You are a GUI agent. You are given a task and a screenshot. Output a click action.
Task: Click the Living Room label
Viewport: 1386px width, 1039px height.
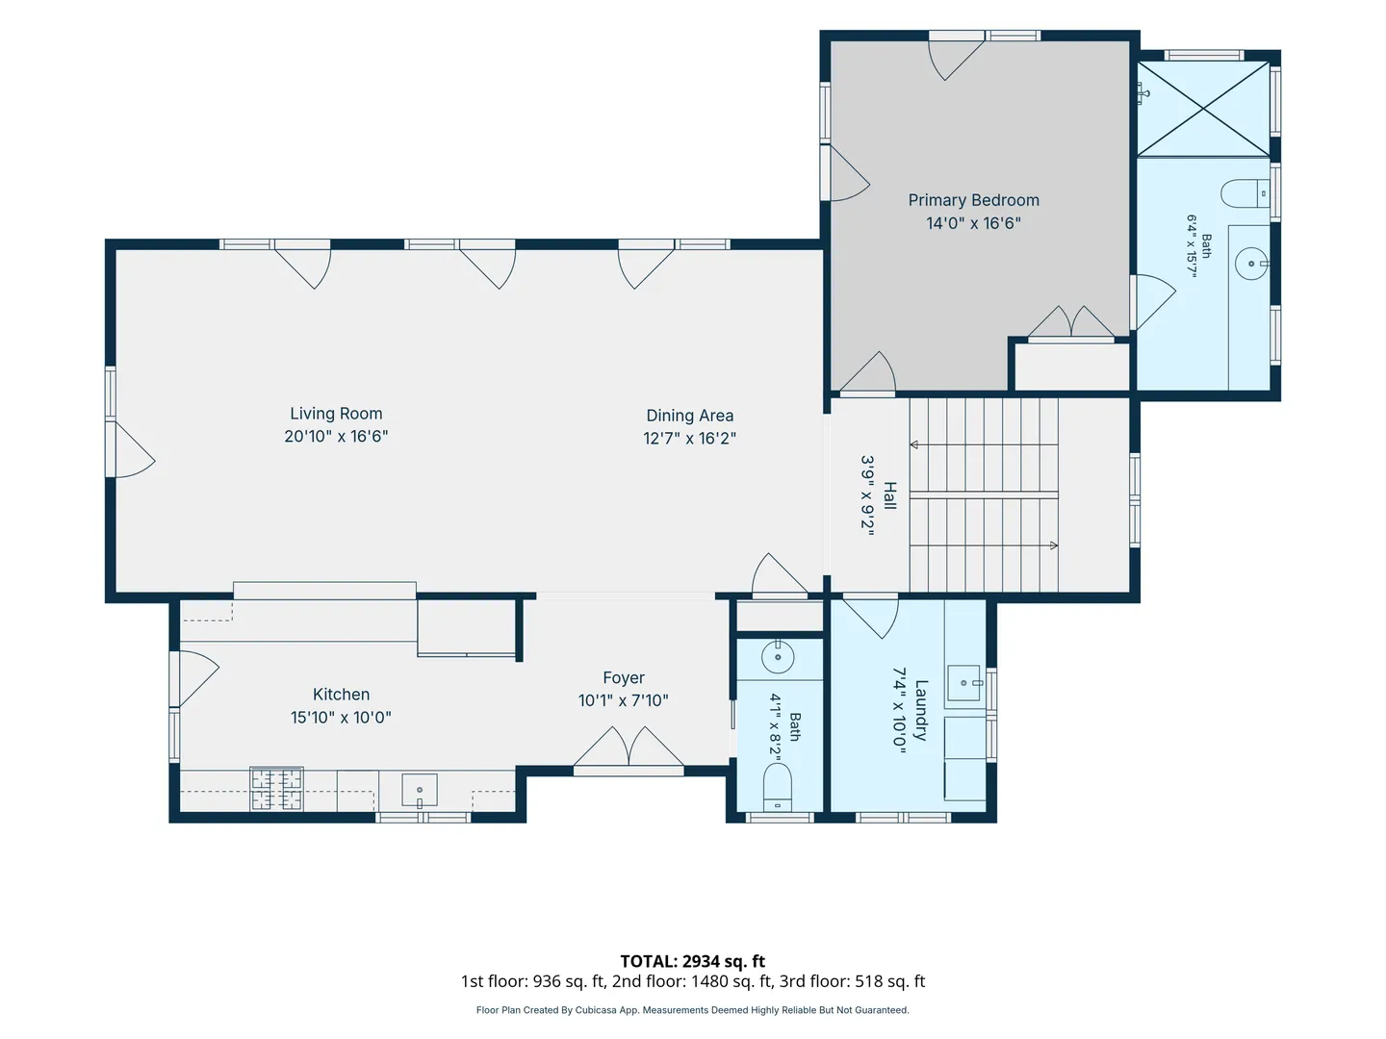[x=336, y=414]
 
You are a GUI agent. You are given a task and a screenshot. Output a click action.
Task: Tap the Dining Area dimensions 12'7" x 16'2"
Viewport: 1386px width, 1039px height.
[x=689, y=438]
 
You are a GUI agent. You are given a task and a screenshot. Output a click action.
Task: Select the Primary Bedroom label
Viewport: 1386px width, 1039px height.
[x=973, y=201]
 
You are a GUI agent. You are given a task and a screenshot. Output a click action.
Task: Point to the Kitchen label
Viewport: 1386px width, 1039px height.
[x=341, y=695]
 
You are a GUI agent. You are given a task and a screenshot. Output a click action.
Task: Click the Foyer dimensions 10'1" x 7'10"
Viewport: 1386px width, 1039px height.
[x=624, y=700]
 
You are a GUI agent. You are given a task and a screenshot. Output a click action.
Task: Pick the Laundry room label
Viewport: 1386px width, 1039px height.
[x=921, y=710]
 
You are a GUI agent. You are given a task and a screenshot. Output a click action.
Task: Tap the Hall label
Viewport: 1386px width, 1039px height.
[x=889, y=495]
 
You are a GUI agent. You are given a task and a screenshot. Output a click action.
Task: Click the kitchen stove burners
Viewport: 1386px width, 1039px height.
[x=276, y=789]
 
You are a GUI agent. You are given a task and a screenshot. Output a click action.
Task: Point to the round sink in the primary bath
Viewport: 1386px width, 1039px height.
[x=1251, y=264]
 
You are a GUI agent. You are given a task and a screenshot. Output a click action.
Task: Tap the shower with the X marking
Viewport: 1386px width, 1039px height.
[x=1203, y=109]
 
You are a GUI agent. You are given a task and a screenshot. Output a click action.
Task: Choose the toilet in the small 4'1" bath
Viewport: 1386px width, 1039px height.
[x=778, y=787]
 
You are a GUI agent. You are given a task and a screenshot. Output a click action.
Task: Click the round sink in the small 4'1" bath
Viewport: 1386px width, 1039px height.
[x=778, y=658]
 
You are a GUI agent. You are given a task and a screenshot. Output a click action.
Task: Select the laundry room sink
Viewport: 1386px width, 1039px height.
[x=964, y=683]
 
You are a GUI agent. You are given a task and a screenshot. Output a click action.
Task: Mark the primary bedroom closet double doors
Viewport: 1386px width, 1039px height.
[x=1071, y=323]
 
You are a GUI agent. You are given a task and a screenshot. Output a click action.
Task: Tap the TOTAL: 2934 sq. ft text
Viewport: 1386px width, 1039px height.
[x=693, y=961]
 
